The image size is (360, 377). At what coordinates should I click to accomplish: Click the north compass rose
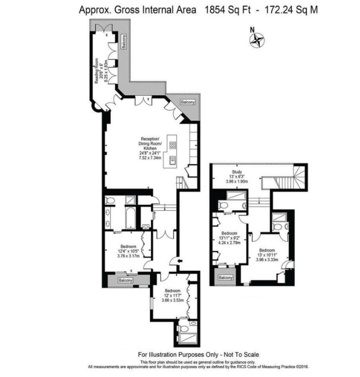[257, 40]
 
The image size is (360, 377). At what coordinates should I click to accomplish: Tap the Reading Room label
[97, 71]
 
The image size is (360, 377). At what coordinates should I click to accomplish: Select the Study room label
[237, 172]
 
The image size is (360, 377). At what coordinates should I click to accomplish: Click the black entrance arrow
[180, 261]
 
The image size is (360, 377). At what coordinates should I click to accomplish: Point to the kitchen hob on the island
[173, 145]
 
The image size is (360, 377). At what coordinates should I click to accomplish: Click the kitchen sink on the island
[173, 160]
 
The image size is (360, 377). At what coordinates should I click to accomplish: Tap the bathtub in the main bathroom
[130, 218]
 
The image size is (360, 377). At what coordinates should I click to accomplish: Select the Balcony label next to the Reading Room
[124, 42]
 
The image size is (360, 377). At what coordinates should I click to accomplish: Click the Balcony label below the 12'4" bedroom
[125, 280]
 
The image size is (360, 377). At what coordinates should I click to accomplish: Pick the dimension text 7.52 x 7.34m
[150, 158]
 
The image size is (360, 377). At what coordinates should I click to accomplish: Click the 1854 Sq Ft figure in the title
[227, 10]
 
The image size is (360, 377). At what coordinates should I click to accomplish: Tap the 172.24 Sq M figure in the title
[291, 10]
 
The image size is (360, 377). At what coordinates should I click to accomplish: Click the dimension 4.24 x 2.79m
[229, 242]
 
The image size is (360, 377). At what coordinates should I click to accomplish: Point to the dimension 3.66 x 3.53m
[173, 300]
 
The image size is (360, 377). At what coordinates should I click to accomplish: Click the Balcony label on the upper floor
[225, 278]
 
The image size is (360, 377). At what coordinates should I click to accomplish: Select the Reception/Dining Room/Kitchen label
[150, 143]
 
